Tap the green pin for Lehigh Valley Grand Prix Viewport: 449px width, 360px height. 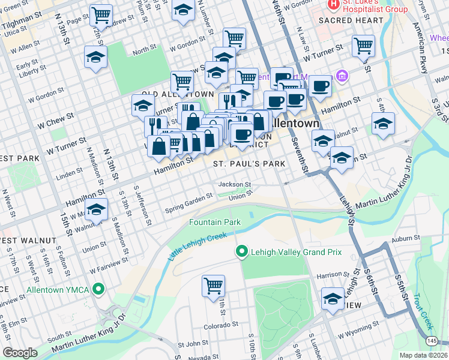(x=242, y=251)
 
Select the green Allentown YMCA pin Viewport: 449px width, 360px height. (x=100, y=290)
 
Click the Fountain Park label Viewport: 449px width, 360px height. (x=215, y=222)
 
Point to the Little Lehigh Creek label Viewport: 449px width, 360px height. (x=197, y=246)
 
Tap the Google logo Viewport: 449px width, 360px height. (x=20, y=353)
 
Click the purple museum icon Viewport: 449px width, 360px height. (x=342, y=76)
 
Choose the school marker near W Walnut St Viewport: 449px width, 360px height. (x=95, y=209)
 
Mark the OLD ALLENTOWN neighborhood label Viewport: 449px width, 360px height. (x=178, y=95)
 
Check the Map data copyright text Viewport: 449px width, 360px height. (x=423, y=355)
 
